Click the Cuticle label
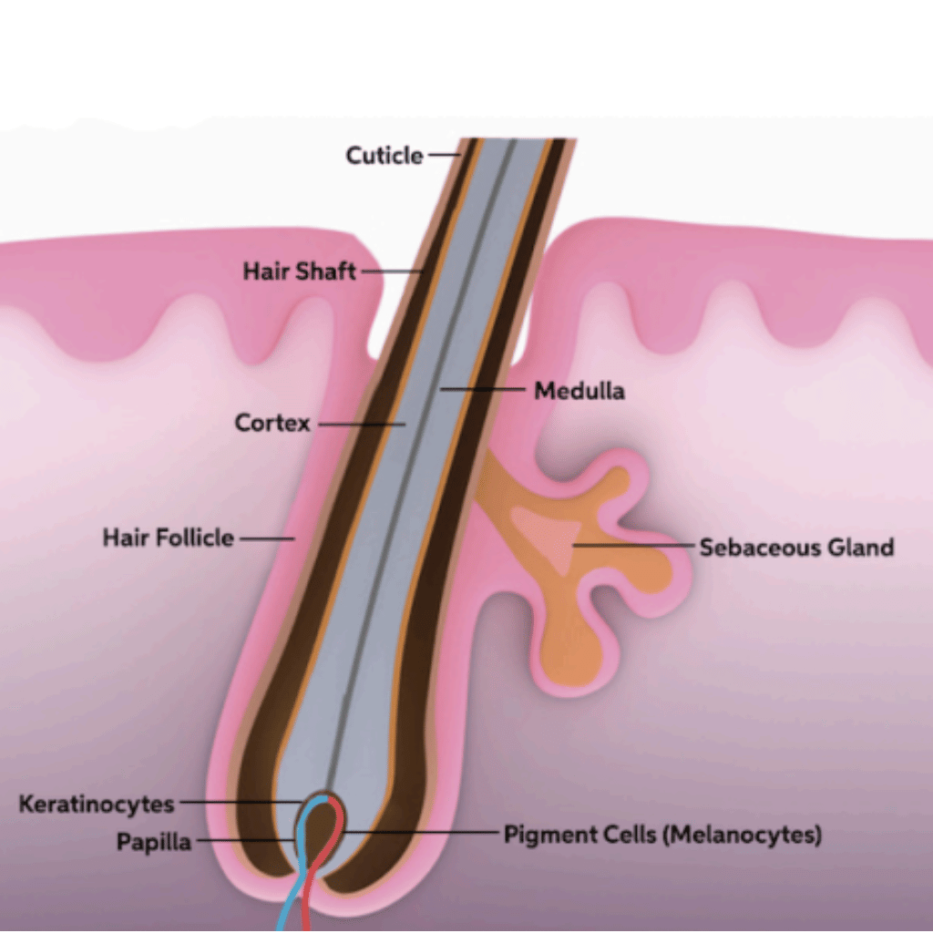384,156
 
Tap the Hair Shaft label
299,272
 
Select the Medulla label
579,391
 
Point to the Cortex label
272,424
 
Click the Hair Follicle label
168,538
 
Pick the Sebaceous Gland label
796,548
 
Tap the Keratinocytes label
97,805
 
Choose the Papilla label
154,842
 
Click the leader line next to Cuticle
444,155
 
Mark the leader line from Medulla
483,390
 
